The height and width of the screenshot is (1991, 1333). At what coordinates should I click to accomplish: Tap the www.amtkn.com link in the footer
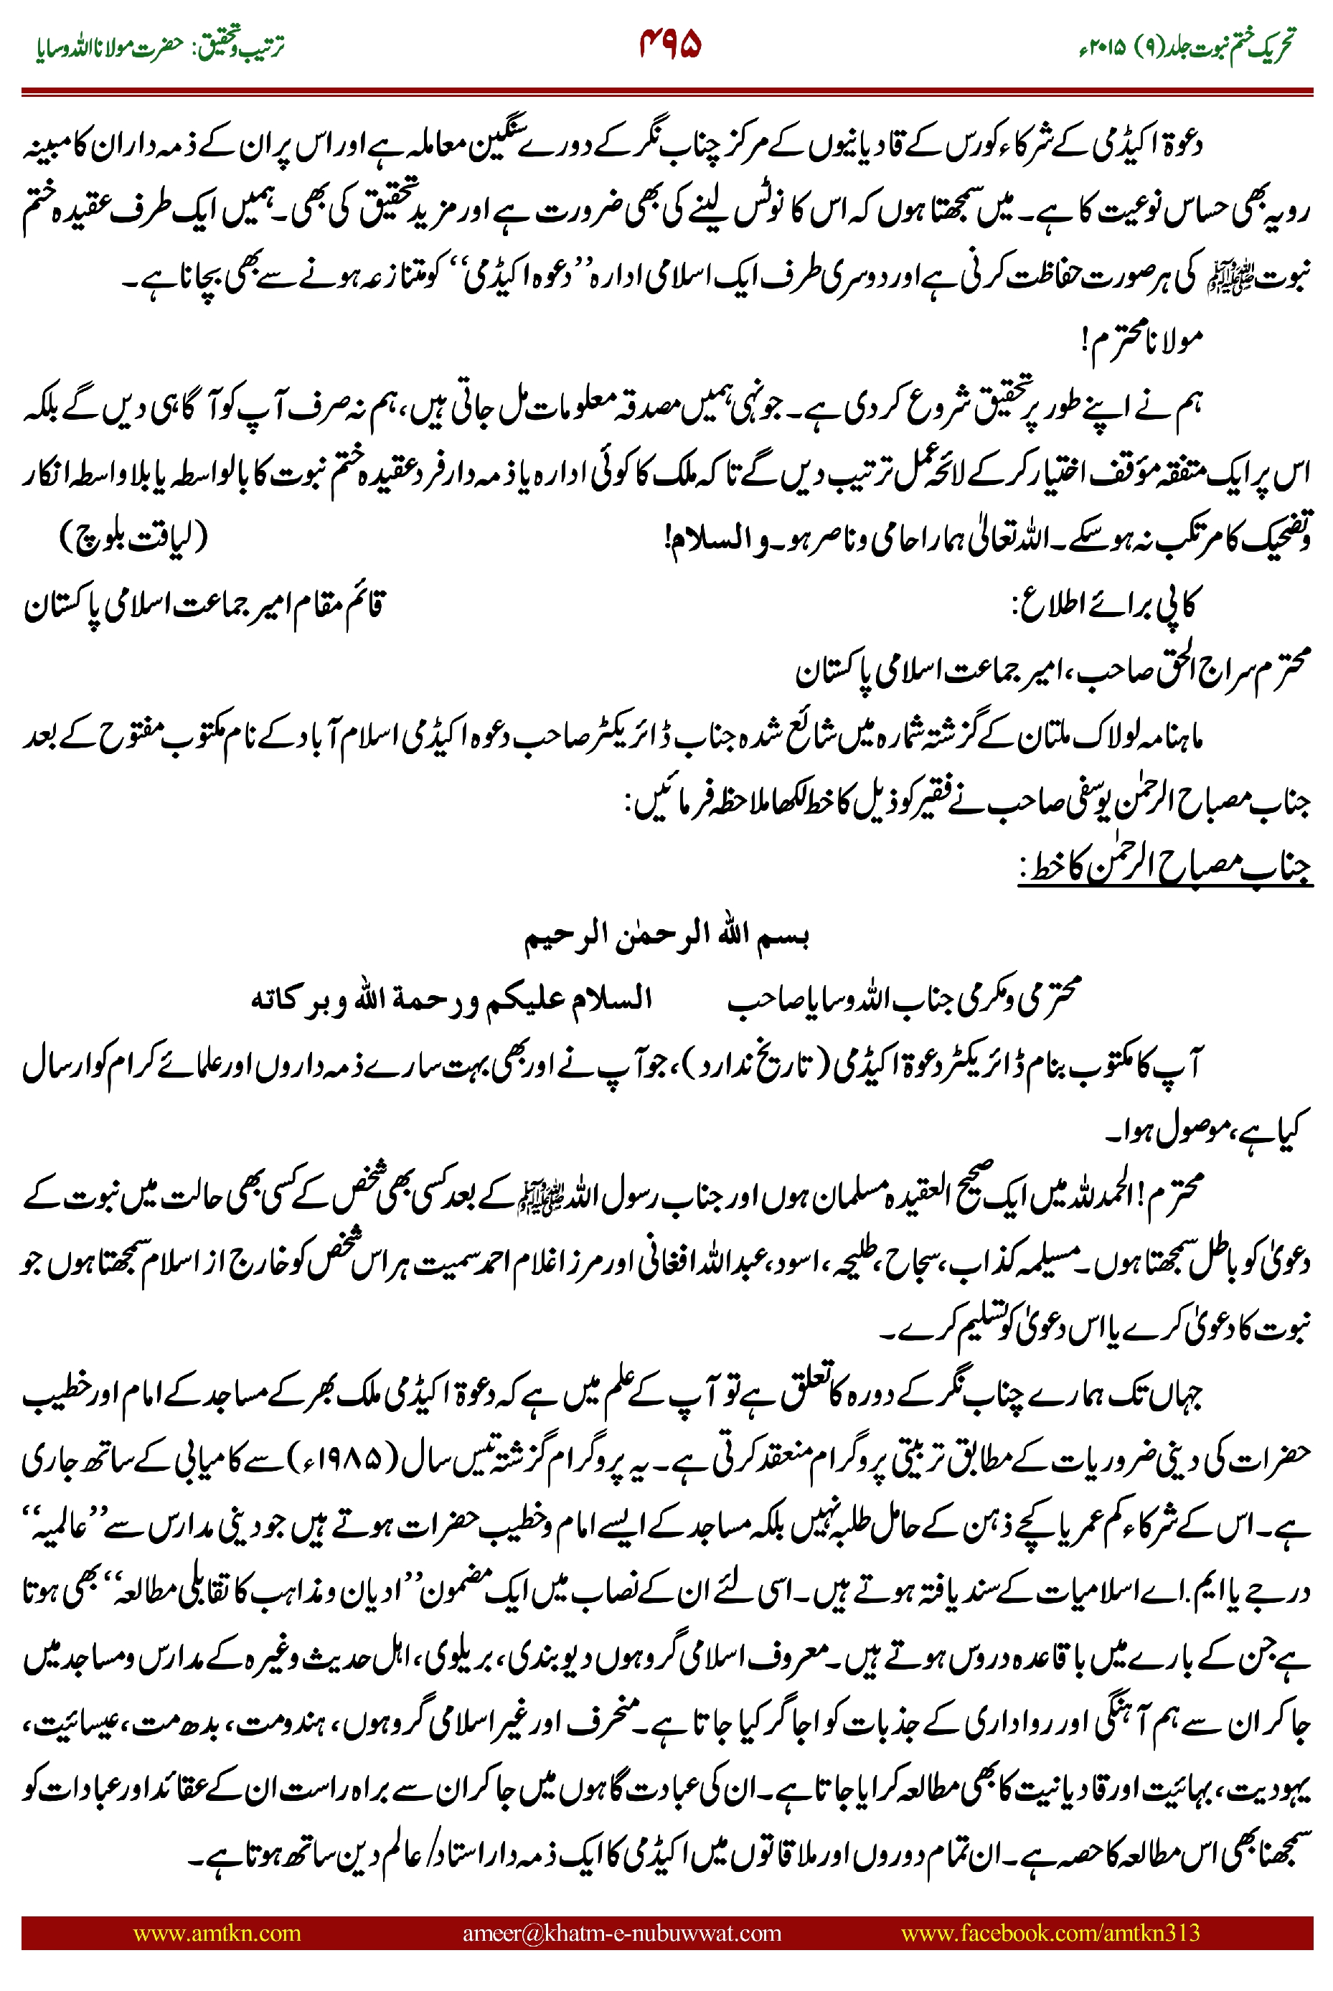pos(217,1932)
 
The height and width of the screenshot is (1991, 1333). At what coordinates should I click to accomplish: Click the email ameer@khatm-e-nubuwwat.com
pos(621,1932)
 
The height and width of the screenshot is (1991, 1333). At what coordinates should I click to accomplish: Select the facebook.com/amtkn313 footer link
pos(1050,1932)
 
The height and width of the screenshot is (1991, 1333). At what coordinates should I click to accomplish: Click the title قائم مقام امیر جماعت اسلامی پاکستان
pos(204,606)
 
